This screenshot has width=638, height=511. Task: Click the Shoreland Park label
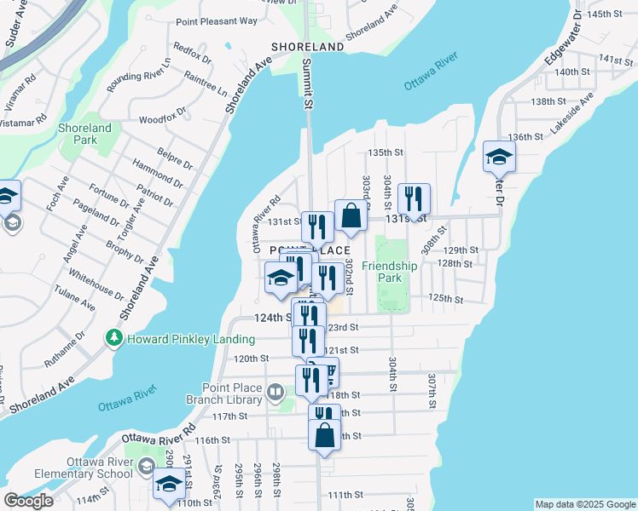(84, 134)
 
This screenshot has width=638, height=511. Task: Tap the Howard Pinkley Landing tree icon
(113, 339)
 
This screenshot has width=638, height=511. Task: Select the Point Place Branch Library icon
(275, 393)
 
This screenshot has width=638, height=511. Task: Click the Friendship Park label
(389, 272)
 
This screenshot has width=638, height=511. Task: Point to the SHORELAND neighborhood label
(307, 46)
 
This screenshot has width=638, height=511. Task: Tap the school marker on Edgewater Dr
(499, 157)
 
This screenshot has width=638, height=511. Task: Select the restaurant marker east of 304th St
(414, 200)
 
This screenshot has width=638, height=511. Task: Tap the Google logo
(28, 501)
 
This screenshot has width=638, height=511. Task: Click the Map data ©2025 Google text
(584, 504)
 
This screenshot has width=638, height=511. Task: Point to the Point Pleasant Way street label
(217, 21)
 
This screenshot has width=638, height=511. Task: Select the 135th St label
(385, 152)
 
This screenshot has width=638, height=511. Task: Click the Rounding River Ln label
(138, 75)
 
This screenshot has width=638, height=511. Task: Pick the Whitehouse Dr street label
(96, 283)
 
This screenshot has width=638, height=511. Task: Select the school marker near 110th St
(169, 485)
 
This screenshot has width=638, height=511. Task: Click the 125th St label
(445, 299)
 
